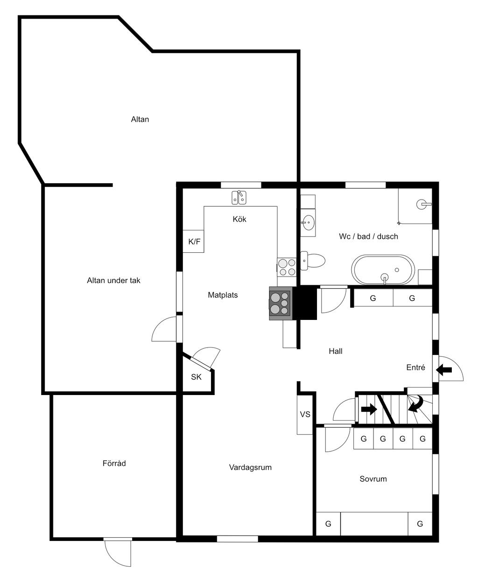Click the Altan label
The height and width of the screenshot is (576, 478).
tap(140, 119)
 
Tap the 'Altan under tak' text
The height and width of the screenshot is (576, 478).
tap(113, 280)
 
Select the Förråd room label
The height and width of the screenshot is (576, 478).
tap(114, 463)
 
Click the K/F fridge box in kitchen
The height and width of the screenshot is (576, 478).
tap(194, 242)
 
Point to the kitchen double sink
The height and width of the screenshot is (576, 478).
tap(239, 198)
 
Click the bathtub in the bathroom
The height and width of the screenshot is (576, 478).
tap(383, 270)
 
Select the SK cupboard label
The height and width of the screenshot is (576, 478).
tap(196, 377)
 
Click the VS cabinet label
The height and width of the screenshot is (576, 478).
tap(305, 414)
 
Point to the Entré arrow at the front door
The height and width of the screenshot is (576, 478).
tap(444, 370)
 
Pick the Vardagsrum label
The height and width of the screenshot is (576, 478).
tap(250, 467)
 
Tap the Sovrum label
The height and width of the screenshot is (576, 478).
tap(373, 479)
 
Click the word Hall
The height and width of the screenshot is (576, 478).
tap(335, 351)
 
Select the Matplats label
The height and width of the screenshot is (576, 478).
tap(223, 295)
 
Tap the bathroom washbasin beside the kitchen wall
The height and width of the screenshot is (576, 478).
tap(308, 222)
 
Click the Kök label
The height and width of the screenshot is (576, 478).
tap(239, 219)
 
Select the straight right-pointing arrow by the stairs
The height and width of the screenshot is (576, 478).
tap(369, 409)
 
